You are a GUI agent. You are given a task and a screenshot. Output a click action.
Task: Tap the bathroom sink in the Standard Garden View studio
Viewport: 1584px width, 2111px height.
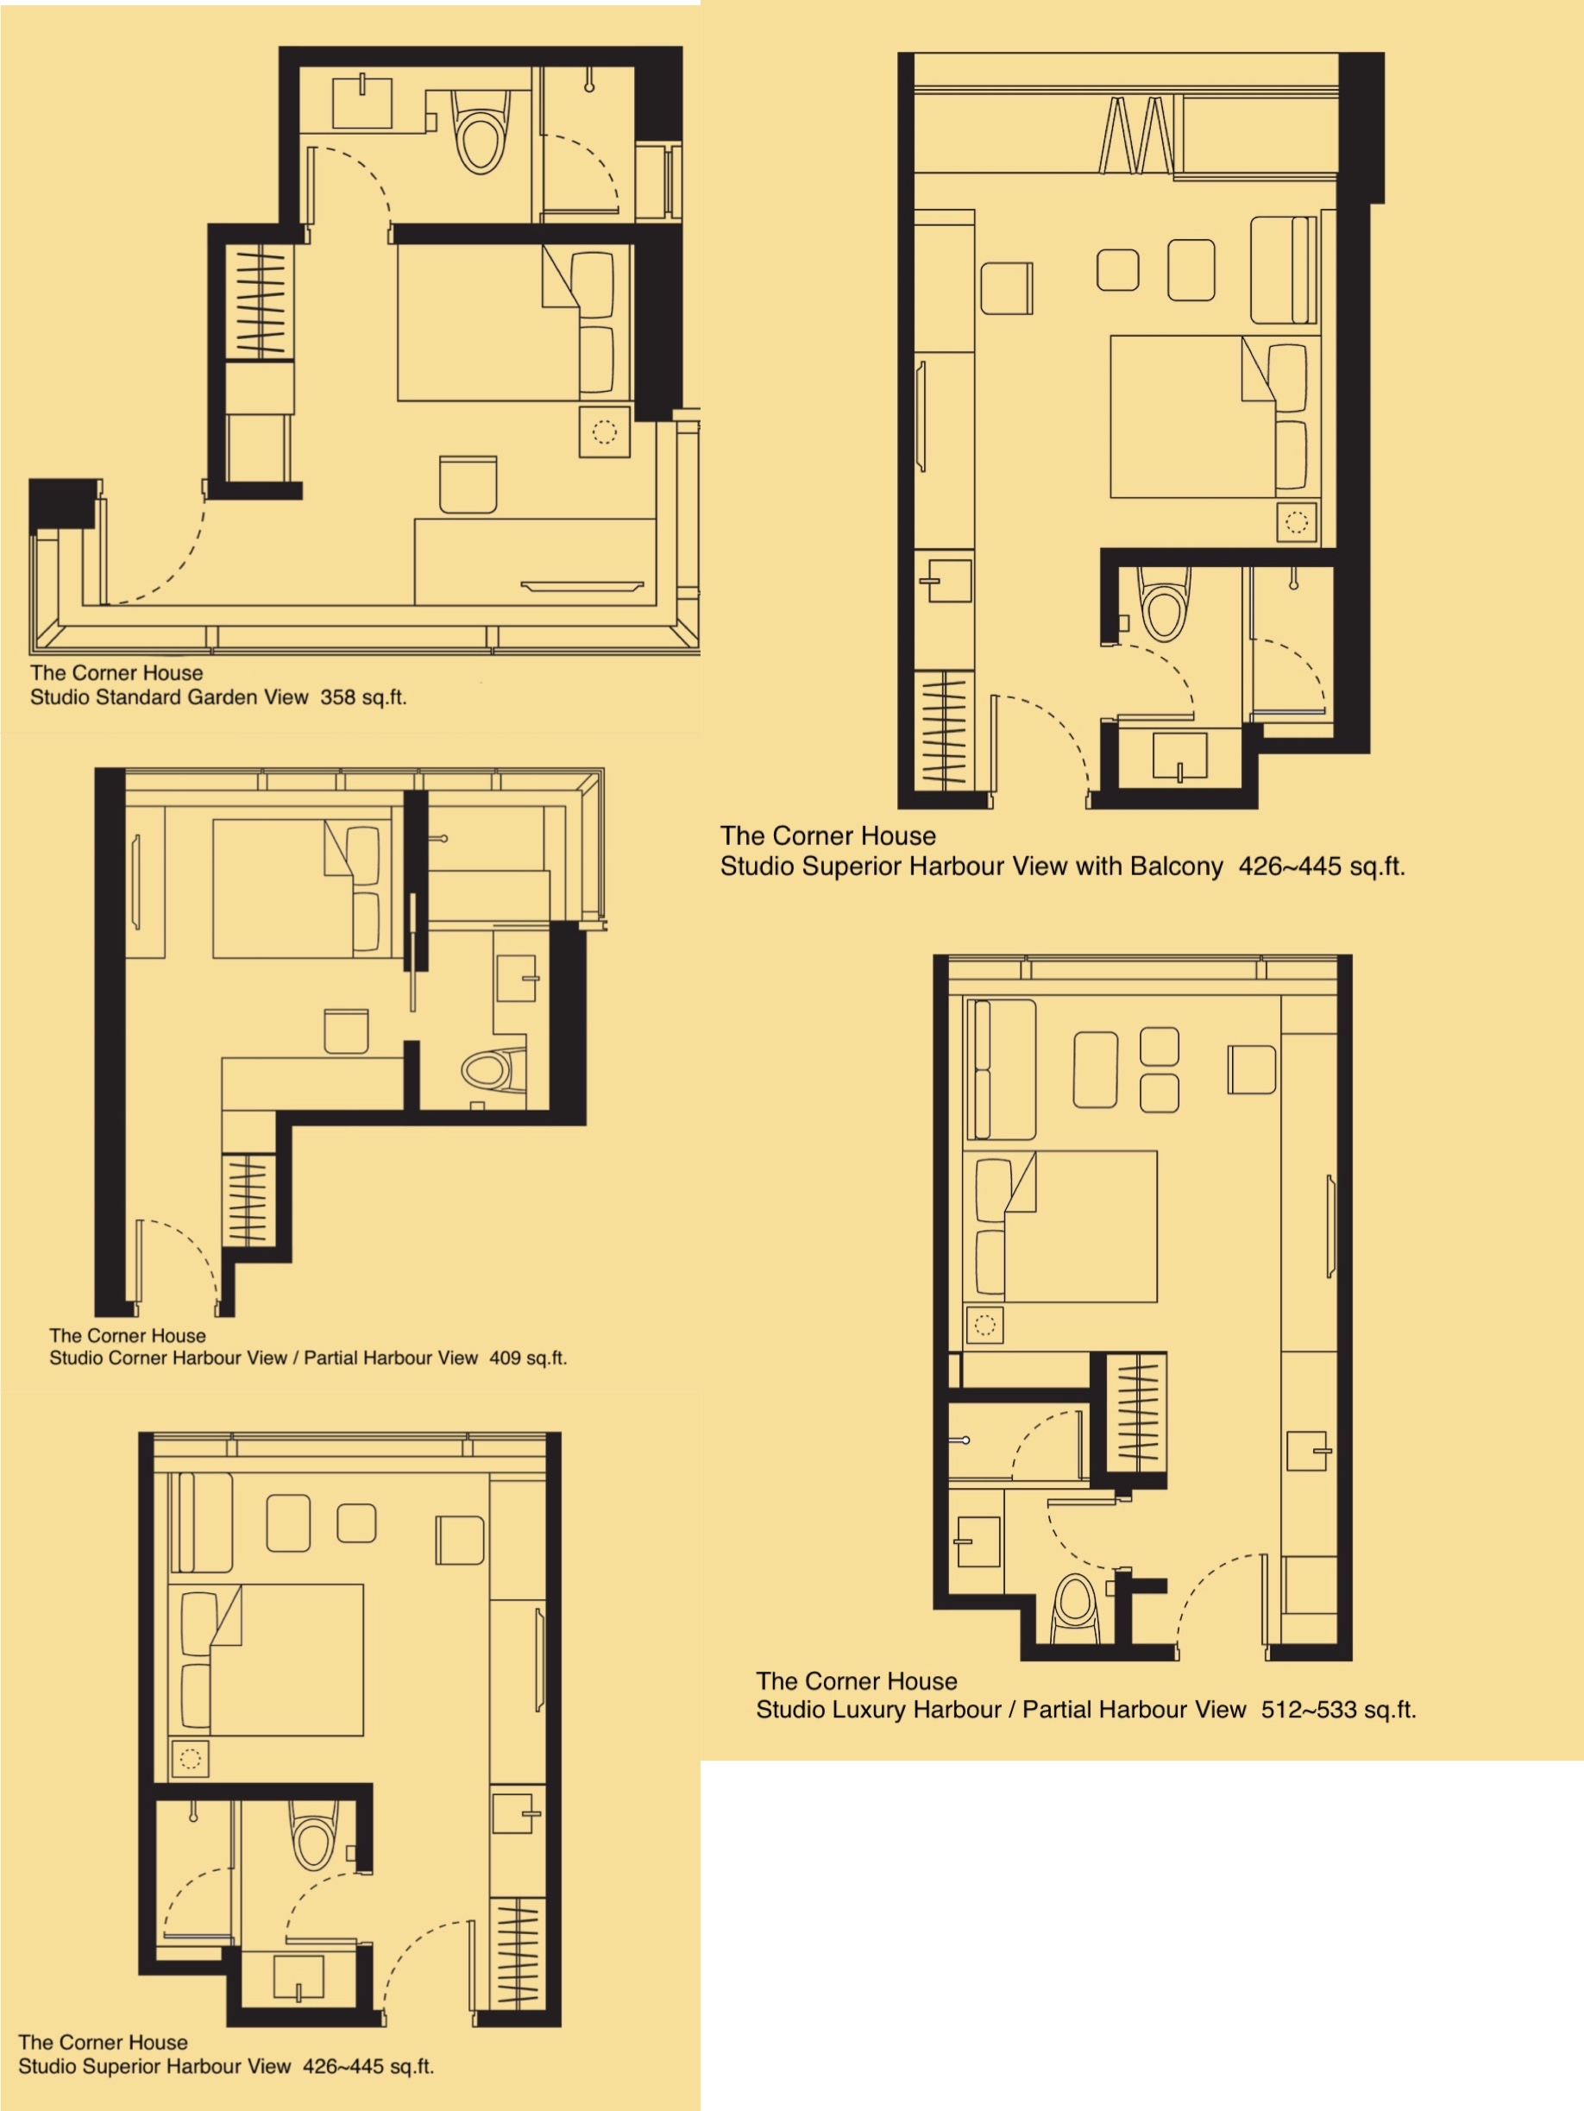361,102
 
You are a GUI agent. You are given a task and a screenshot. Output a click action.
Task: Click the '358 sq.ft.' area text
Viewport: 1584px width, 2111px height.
363,696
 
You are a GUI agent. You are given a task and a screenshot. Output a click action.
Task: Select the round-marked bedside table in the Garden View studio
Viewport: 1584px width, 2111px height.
605,432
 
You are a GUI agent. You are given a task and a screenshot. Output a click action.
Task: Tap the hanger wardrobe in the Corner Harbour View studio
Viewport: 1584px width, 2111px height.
248,1200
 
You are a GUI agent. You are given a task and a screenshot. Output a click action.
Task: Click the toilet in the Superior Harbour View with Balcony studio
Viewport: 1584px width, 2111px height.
1163,602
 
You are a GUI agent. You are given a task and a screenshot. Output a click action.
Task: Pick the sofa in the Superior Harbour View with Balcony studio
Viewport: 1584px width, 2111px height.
1285,270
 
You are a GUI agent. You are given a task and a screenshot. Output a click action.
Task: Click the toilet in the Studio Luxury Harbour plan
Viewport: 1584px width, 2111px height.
1075,1610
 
